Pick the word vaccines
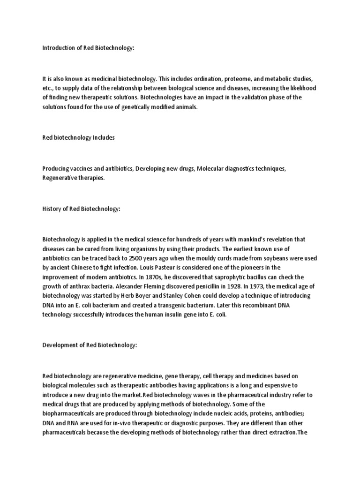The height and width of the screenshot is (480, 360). (x=84, y=168)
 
